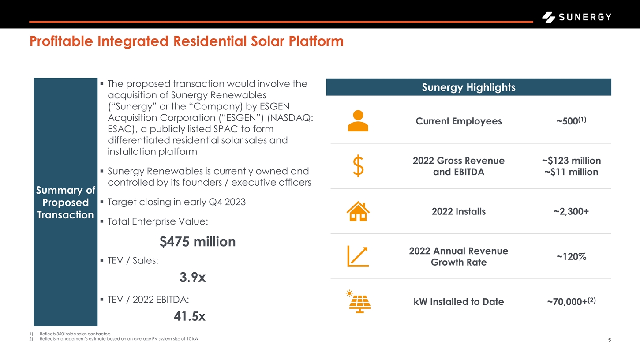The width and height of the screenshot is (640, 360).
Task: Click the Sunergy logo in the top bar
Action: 576,17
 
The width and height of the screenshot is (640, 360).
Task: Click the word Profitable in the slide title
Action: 61,41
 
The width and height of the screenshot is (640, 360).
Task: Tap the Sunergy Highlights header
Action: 468,87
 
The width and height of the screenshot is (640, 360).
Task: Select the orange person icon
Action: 358,120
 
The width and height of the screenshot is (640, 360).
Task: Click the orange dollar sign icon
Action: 358,166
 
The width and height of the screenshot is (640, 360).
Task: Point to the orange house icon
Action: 358,211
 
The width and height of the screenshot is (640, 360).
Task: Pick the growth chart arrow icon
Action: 358,256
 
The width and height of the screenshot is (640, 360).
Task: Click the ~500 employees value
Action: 571,120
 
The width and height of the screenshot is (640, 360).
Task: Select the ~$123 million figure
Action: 571,161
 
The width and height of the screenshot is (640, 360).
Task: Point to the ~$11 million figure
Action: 571,172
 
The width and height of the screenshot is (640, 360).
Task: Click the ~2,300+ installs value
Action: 571,211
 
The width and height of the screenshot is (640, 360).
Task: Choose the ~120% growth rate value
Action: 571,257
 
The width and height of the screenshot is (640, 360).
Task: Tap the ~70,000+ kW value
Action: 571,301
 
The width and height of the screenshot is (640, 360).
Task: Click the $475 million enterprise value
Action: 198,242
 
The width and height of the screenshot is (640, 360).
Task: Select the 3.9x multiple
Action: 192,277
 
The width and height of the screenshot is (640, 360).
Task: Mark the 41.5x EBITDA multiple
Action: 189,316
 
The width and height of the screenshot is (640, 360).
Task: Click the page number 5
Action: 610,340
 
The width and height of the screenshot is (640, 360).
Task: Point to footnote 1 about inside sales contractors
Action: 70,334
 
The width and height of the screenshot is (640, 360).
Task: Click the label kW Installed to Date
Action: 459,302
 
